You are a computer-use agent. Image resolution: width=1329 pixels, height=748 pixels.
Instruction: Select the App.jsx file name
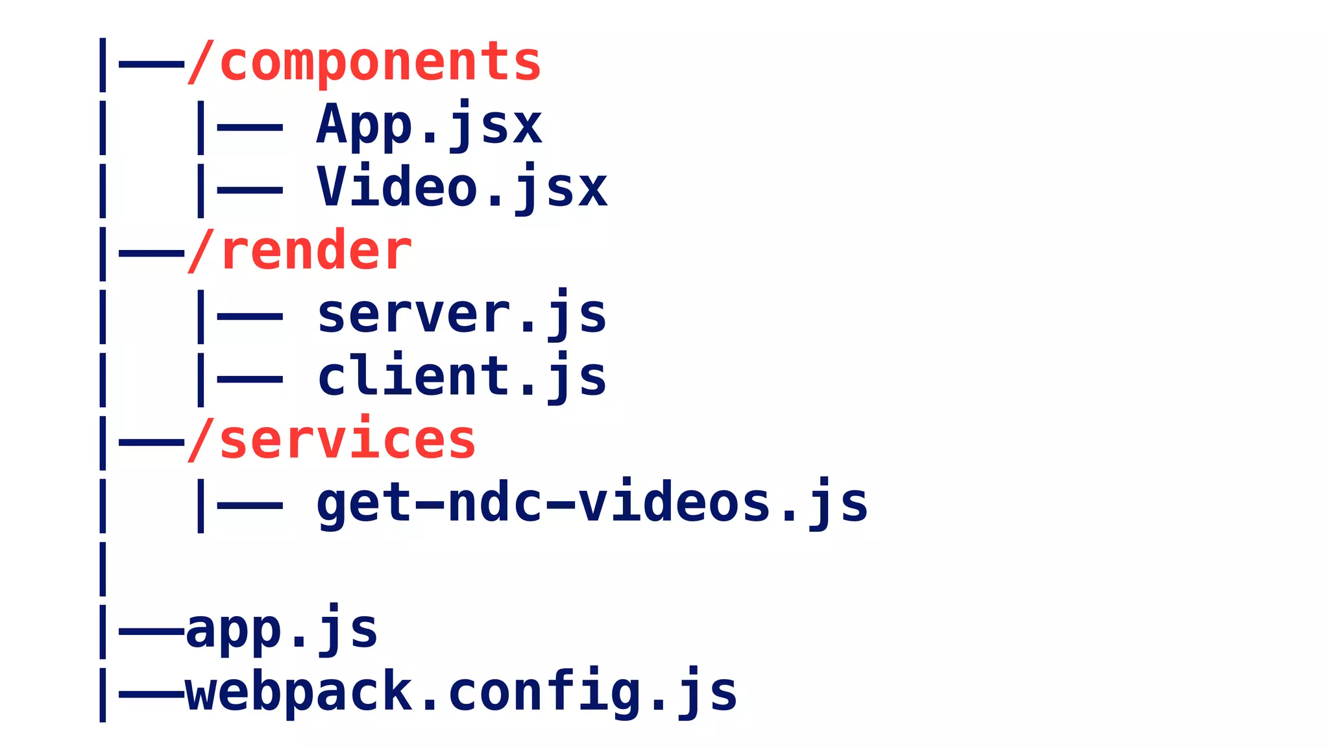429,125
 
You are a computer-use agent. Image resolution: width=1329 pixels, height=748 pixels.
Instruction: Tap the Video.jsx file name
462,188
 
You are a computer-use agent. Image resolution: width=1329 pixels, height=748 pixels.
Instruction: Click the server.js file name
461,315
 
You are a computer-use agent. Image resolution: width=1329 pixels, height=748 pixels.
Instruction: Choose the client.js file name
461,377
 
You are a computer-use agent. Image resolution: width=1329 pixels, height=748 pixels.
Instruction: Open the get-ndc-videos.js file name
592,503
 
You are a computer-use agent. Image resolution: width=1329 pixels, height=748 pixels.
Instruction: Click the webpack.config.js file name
461,692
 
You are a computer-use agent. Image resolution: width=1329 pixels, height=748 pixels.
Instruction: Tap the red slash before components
201,63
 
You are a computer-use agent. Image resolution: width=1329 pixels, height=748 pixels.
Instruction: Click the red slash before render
201,252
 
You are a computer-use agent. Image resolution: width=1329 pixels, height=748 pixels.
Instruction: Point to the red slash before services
201,440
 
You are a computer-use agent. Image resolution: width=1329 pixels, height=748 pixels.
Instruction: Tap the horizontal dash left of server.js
250,317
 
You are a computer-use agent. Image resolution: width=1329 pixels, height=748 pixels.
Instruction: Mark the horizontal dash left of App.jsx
250,128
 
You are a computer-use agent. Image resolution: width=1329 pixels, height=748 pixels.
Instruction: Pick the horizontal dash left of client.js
250,379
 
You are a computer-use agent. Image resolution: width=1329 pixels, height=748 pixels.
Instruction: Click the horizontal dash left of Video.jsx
250,191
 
